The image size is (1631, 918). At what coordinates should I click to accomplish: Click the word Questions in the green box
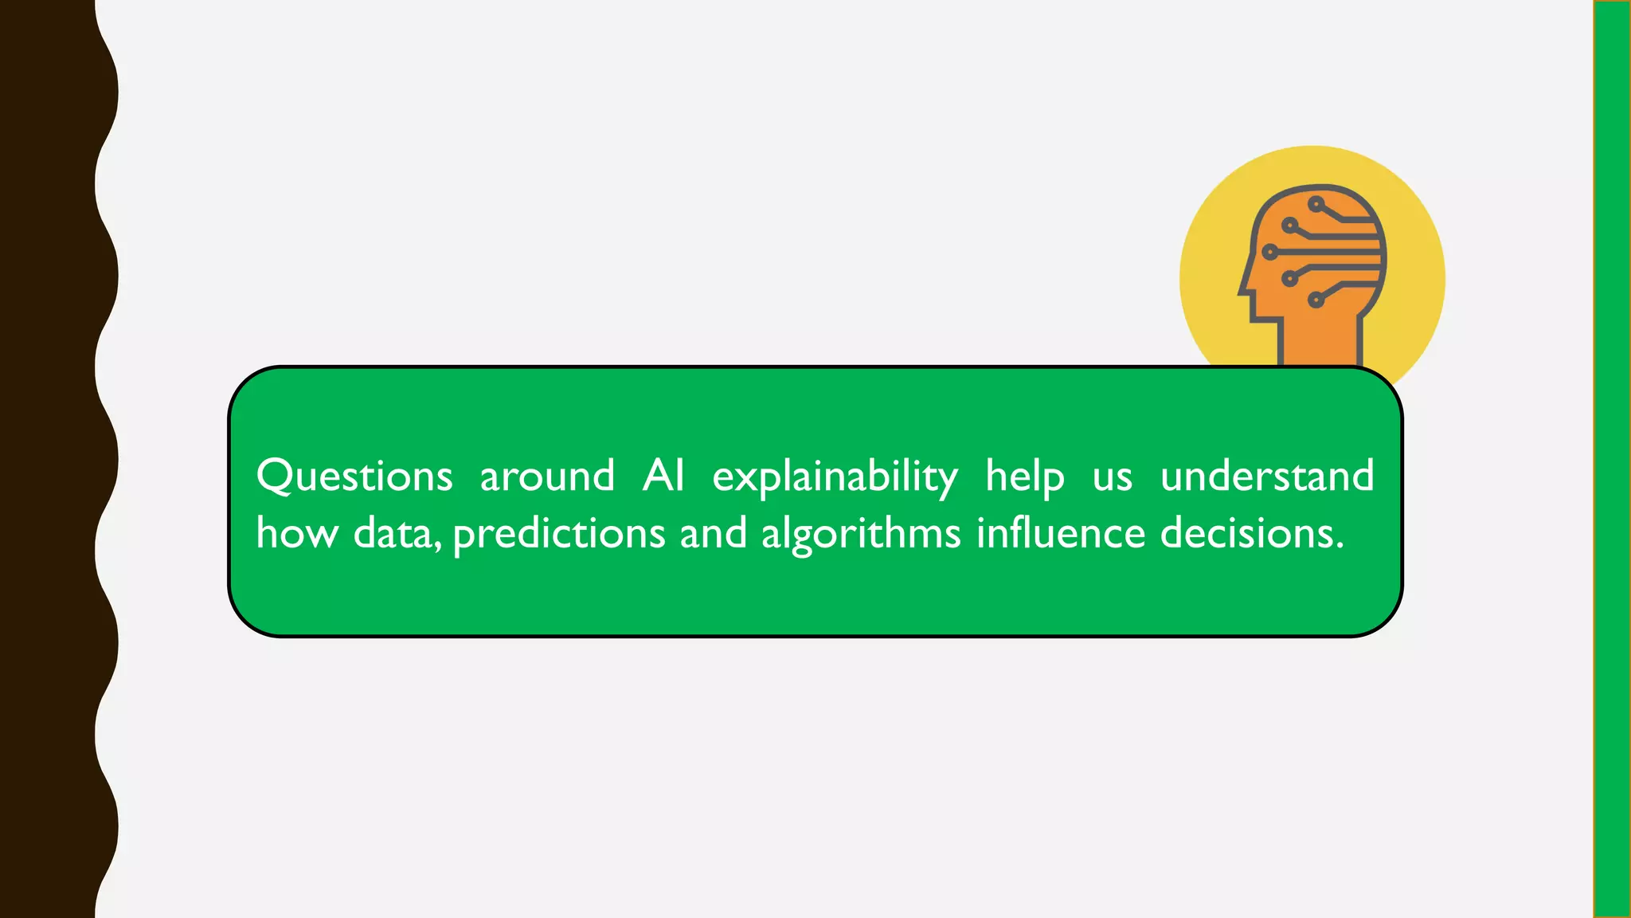354,477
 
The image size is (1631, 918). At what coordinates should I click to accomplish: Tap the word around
547,477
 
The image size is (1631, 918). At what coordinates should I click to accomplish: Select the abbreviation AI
663,476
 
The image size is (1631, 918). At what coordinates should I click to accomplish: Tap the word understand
1267,476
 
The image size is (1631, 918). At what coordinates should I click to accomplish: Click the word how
297,533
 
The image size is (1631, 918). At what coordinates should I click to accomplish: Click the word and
714,533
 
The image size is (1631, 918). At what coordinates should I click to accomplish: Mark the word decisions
1251,533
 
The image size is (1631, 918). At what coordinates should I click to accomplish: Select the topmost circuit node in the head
1316,205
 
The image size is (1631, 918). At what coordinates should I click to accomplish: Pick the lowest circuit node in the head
1316,300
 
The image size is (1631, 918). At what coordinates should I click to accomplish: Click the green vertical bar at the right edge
1612,459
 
